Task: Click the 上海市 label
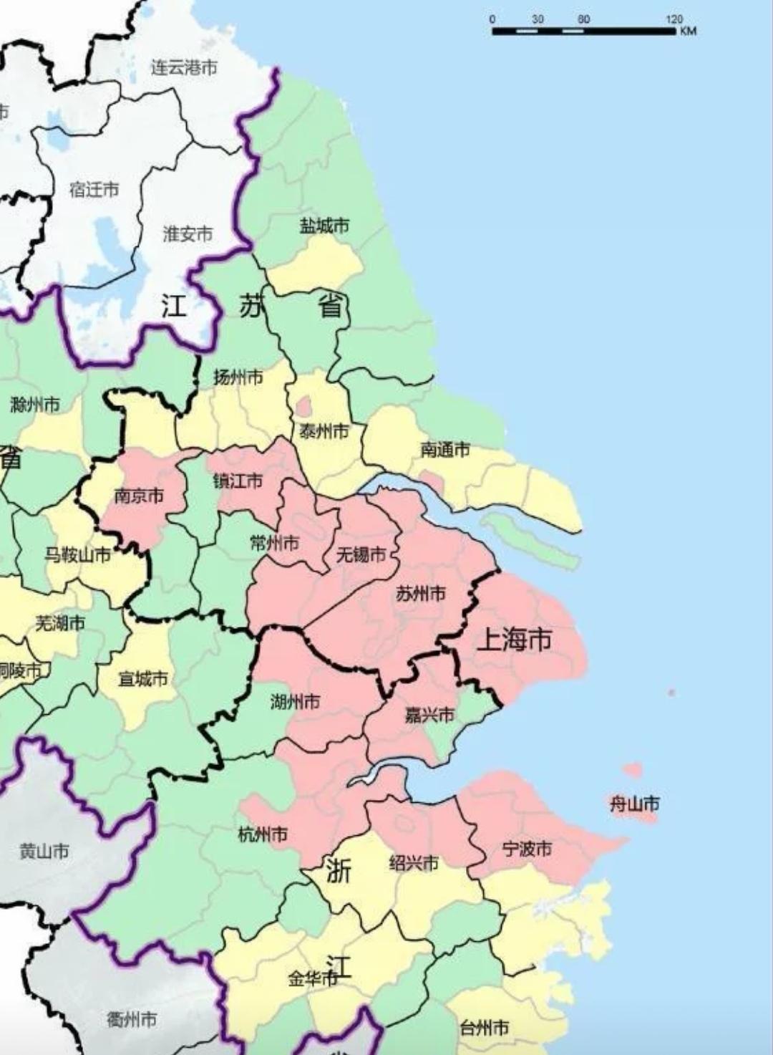coord(514,638)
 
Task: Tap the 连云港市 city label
coord(184,68)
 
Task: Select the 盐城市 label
coord(324,226)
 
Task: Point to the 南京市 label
coord(139,496)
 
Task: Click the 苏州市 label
coord(421,594)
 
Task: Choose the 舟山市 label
coord(634,804)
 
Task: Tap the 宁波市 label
coord(527,849)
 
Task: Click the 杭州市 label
coord(263,834)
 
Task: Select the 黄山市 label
coord(44,852)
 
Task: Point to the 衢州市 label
coord(132,1018)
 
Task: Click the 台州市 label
coord(485,1028)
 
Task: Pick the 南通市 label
coord(445,450)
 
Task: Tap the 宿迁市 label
coord(94,190)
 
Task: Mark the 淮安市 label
coord(188,234)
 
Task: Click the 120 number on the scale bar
coord(674,19)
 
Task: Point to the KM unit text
coord(688,32)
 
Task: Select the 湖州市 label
coord(295,702)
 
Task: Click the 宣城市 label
coord(143,678)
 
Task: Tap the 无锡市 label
coord(361,554)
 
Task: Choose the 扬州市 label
coord(238,377)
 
